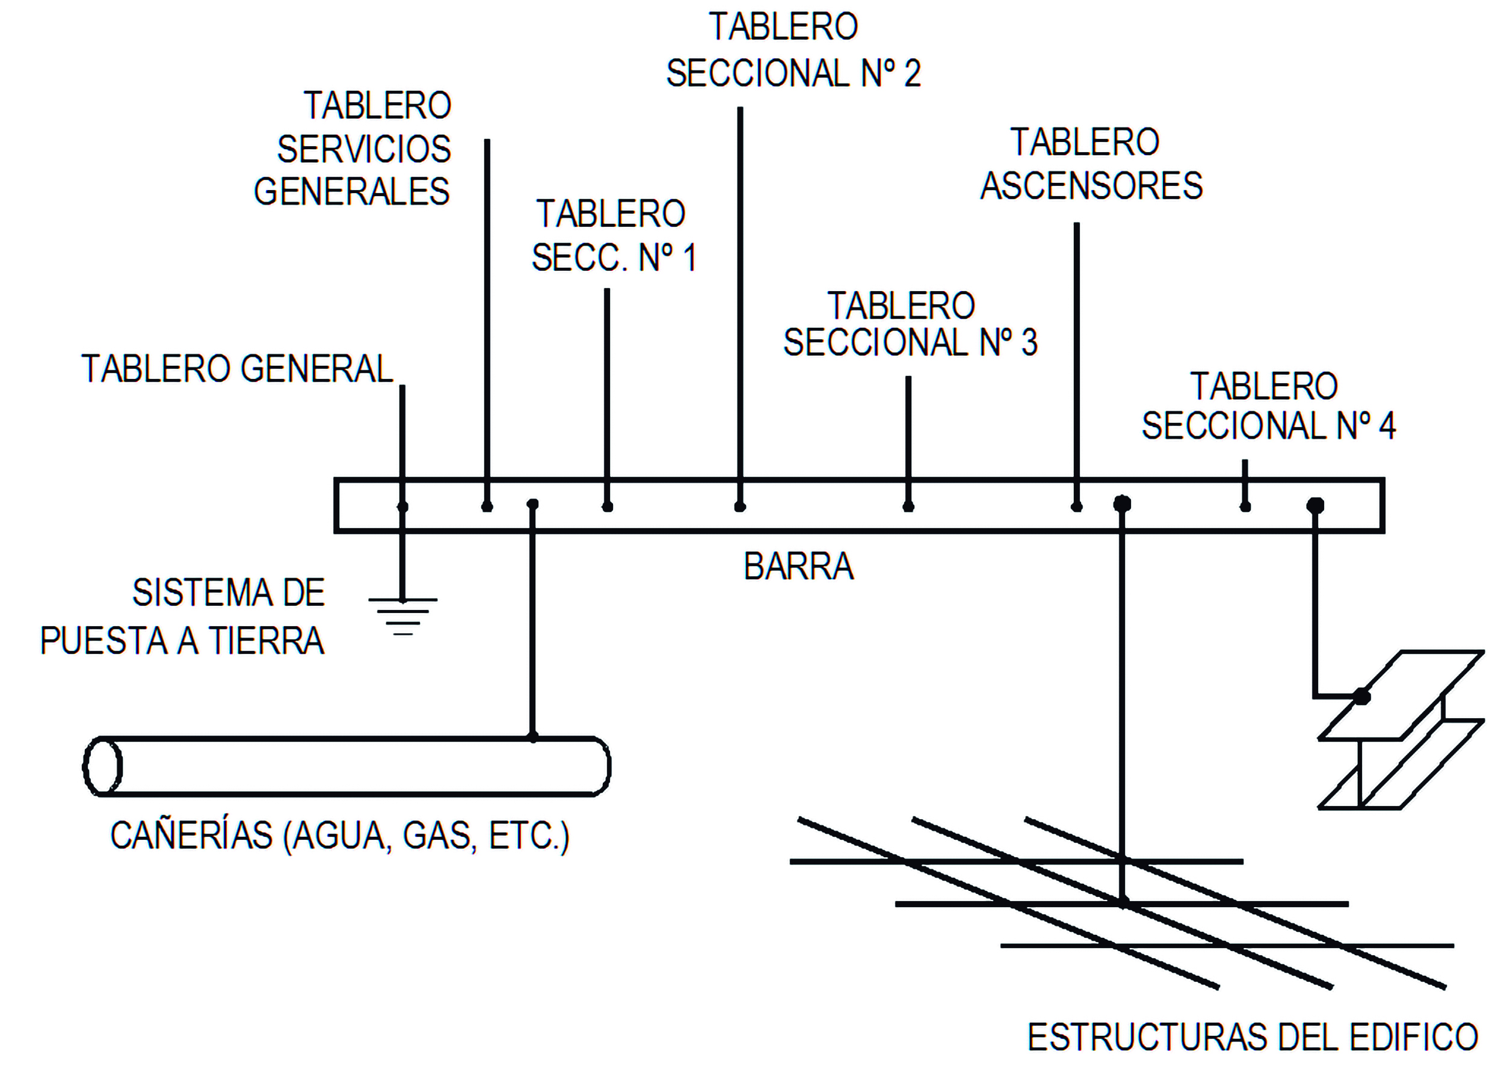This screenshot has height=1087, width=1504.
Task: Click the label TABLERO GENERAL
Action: click(237, 369)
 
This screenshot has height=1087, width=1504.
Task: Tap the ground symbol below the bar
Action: click(402, 616)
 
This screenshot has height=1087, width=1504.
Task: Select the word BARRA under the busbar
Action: click(798, 567)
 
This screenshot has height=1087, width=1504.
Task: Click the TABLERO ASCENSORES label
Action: click(1091, 164)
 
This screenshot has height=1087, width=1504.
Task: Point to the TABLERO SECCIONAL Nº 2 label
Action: click(793, 50)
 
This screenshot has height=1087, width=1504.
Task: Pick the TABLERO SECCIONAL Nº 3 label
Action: click(910, 324)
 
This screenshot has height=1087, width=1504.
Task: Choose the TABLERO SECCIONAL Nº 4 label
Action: click(1268, 406)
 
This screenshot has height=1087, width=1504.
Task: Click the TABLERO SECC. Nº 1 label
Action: click(614, 235)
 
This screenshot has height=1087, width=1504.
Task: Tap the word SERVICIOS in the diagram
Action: click(363, 149)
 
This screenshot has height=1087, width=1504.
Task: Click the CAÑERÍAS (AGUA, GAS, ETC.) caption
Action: click(339, 835)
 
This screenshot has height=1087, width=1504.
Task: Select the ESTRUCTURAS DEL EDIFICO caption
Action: click(1252, 1036)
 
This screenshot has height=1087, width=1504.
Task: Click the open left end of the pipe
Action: click(103, 766)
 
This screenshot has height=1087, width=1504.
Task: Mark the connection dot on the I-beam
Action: click(1361, 697)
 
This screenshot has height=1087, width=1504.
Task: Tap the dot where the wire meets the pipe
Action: click(532, 737)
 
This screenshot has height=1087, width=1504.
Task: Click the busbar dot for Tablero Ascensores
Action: click(1076, 507)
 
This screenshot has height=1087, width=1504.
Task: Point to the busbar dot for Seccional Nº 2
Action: click(740, 507)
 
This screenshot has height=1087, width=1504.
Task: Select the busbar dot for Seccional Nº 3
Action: click(908, 507)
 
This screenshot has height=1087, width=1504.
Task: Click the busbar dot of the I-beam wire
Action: click(1315, 505)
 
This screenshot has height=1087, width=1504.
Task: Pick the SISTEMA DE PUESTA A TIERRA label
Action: click(182, 616)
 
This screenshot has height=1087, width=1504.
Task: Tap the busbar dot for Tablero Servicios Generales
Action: click(487, 507)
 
